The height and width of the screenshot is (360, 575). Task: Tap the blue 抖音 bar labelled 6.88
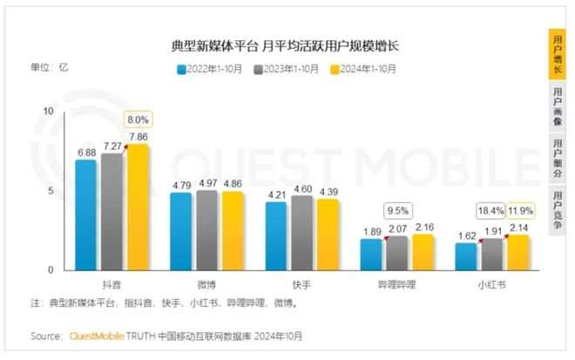pos(85,214)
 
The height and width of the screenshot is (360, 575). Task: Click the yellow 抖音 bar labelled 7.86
pos(138,207)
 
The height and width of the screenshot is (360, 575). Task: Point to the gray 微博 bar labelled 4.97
pos(206,230)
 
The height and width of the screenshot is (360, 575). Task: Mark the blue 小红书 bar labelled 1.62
pos(467,256)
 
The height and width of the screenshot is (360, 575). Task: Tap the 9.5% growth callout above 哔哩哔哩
pos(396,210)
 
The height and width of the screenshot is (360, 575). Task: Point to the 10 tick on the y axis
pos(49,112)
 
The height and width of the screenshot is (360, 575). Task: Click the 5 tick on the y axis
pos(51,191)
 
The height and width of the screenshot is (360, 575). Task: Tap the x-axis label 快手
pos(301,284)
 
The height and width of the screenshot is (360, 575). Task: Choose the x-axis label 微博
pos(207,284)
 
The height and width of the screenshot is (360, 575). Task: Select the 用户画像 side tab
pos(558,105)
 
